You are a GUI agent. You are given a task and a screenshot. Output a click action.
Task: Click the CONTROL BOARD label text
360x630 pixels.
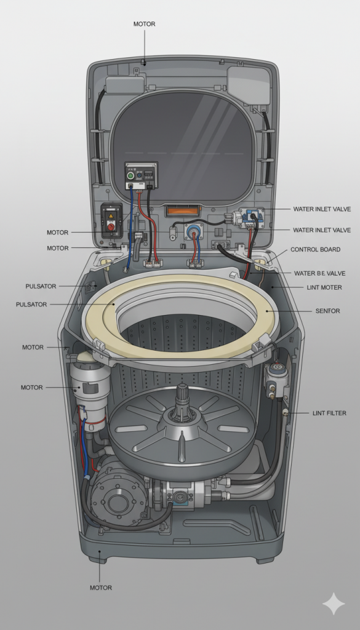pyautogui.click(x=316, y=250)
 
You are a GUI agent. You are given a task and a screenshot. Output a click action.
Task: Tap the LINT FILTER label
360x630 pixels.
pyautogui.click(x=329, y=413)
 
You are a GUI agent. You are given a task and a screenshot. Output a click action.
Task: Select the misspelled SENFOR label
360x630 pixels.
pyautogui.click(x=328, y=311)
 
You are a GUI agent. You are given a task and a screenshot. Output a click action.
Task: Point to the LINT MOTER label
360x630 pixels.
pyautogui.click(x=323, y=287)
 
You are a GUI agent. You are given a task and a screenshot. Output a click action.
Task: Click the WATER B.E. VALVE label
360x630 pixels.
pyautogui.click(x=319, y=273)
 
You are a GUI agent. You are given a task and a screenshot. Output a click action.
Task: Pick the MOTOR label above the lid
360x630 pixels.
pyautogui.click(x=144, y=24)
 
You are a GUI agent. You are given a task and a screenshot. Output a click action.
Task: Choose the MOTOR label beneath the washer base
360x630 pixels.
pyautogui.click(x=101, y=588)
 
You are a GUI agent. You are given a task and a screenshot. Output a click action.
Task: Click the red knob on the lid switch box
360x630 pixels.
pyautogui.click(x=111, y=227)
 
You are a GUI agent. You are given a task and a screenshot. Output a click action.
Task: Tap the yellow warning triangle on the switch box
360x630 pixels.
pyautogui.click(x=111, y=216)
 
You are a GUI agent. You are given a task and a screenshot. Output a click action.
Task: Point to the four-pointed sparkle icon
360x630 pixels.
pyautogui.click(x=334, y=604)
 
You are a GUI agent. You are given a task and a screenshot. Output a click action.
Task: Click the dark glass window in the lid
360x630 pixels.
pyautogui.click(x=182, y=145)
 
